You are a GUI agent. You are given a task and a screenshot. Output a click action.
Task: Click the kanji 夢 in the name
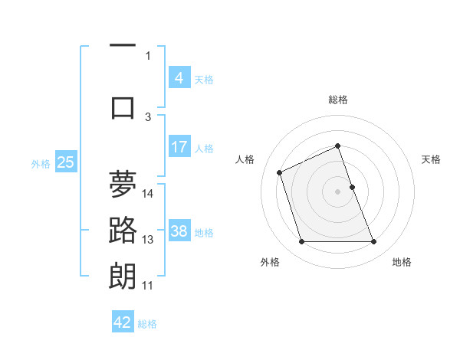click(123, 184)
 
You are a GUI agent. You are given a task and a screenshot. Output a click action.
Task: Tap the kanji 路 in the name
click(123, 230)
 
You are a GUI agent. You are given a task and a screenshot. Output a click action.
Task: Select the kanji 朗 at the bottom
click(123, 276)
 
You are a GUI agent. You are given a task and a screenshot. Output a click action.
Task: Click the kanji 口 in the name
click(123, 107)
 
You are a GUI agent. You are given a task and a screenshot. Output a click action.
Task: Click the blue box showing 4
click(179, 78)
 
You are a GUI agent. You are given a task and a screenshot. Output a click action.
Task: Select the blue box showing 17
click(179, 147)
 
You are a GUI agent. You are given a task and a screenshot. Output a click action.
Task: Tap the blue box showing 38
click(179, 232)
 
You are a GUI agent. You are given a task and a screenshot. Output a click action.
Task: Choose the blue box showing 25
click(65, 162)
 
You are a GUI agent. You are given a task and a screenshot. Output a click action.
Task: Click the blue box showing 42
click(123, 322)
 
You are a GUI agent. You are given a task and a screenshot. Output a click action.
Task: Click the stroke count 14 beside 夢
click(149, 193)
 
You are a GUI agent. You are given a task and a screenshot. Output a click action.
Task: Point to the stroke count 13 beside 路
click(148, 240)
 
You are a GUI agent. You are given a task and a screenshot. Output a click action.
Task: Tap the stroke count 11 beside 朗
click(148, 286)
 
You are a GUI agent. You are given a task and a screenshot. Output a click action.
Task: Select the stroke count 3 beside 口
click(149, 117)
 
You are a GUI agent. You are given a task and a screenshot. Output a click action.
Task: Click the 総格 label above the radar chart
click(338, 100)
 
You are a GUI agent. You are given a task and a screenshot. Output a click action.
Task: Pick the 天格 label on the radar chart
click(432, 159)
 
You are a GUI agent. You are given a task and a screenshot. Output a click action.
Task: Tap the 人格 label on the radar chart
click(245, 159)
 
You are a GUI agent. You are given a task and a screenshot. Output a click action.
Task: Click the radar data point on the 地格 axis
click(374, 242)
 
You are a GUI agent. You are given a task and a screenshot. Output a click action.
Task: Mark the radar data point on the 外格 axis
click(301, 242)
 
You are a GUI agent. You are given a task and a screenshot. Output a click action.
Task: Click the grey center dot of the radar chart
click(337, 191)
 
